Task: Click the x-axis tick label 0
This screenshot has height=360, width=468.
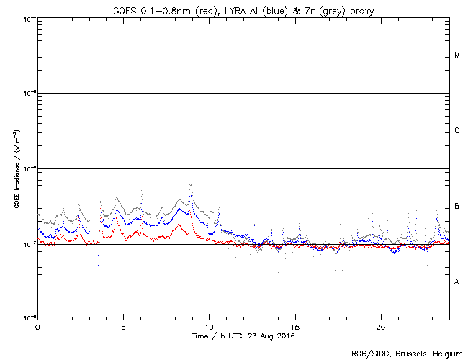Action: coord(37,326)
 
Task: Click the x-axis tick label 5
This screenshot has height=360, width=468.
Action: coord(123,326)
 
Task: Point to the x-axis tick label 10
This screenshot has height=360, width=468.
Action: coord(210,326)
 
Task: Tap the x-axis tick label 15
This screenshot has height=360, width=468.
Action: coord(295,326)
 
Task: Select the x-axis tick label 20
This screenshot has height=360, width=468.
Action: coord(381,326)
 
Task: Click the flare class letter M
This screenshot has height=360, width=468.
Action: coord(457,55)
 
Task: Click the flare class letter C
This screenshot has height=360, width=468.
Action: coord(457,131)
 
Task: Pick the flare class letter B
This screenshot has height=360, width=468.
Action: coord(457,207)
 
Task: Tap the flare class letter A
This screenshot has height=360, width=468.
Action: coord(457,282)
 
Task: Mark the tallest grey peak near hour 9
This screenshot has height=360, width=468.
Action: coord(190,186)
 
